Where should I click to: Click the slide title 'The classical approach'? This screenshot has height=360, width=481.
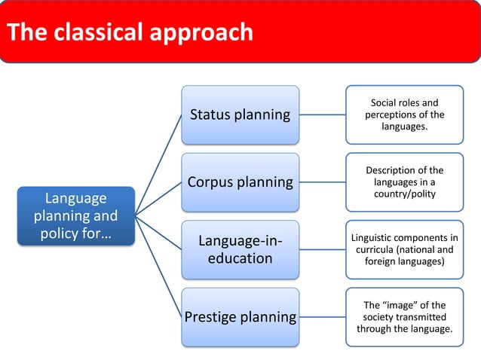coord(130,32)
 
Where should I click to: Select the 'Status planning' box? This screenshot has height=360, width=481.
coord(240,114)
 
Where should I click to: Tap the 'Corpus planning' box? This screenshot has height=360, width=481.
coord(240,182)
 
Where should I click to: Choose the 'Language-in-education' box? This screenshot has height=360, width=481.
coord(240,249)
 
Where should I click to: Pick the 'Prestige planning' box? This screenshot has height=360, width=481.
coord(240,317)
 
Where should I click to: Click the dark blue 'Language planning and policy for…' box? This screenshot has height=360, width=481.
coord(76,216)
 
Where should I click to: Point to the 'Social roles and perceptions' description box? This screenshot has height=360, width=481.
coord(404,114)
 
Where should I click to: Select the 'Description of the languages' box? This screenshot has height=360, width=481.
coord(404,182)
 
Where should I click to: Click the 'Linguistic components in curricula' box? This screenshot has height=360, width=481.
coord(404,249)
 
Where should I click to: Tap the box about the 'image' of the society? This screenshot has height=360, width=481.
coord(404,317)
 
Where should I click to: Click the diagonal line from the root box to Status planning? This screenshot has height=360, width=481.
coord(159,165)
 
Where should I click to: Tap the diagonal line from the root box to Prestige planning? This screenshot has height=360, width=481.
coord(159,267)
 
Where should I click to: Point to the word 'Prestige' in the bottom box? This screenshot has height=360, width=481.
coord(210,317)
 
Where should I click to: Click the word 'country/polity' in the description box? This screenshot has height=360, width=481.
coord(404,194)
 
